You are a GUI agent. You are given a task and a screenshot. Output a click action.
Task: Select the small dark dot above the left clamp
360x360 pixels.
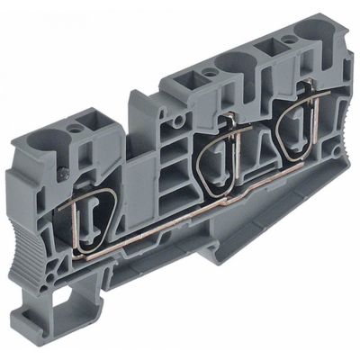coord(63,170)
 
